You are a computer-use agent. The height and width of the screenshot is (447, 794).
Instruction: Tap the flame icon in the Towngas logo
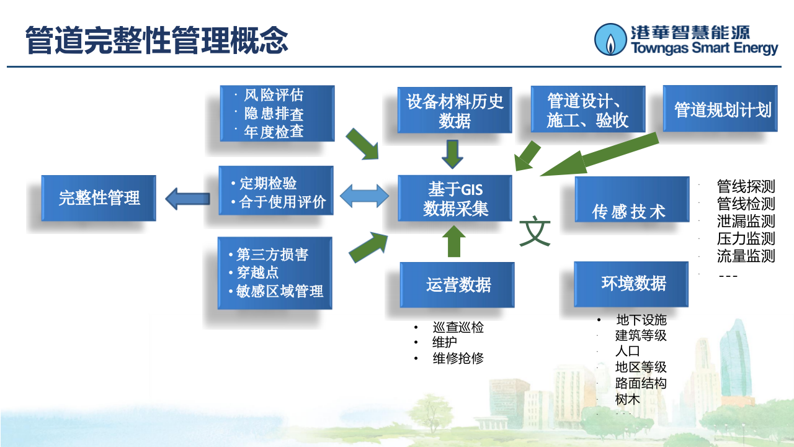click(611, 40)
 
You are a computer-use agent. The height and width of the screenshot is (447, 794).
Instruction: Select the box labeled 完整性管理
click(99, 198)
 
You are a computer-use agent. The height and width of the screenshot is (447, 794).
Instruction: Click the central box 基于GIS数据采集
click(455, 199)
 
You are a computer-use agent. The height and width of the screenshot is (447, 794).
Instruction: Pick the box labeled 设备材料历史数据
click(455, 111)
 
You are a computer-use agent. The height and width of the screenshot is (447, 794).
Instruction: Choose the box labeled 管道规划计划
click(720, 109)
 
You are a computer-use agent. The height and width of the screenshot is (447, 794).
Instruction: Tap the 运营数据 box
click(457, 285)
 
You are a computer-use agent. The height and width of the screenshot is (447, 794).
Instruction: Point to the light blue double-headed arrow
click(365, 197)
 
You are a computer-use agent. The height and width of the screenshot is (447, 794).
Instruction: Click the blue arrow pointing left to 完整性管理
click(188, 199)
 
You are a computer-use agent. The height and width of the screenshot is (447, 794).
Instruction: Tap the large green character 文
click(534, 231)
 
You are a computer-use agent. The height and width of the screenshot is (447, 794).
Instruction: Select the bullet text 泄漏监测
click(746, 221)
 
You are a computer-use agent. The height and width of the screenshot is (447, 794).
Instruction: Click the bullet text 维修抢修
click(458, 358)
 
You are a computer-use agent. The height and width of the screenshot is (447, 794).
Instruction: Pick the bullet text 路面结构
click(640, 383)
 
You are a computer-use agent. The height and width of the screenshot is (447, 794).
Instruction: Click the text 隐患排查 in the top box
click(274, 114)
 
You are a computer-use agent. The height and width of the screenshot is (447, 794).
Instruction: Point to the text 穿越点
click(257, 273)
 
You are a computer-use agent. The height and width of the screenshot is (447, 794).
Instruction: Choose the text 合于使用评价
click(282, 202)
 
